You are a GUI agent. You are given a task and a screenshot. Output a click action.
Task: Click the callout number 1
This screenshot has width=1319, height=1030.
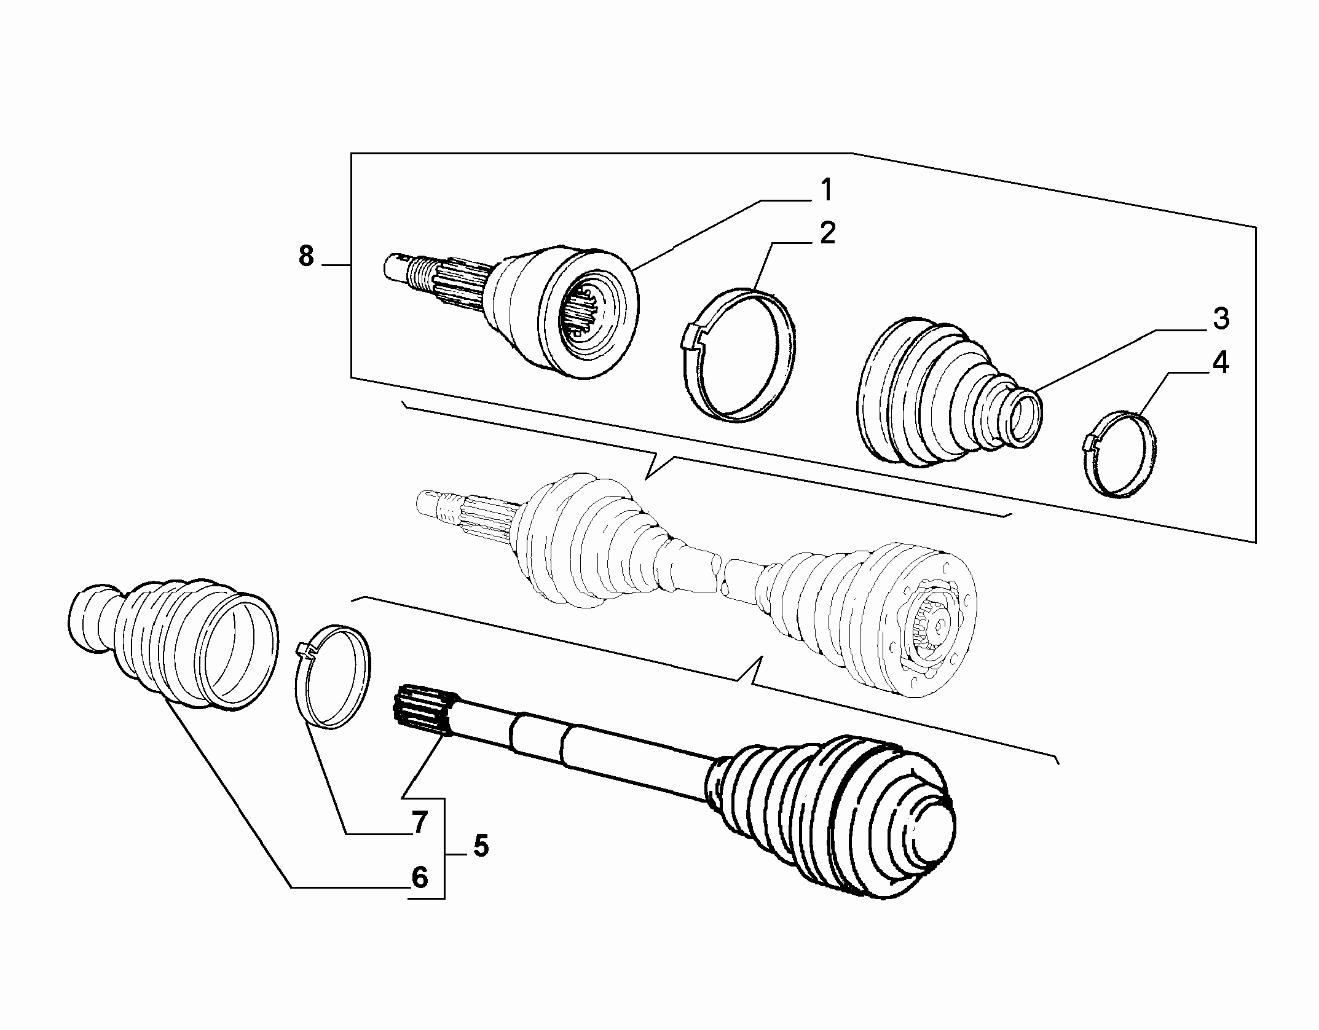point(827,191)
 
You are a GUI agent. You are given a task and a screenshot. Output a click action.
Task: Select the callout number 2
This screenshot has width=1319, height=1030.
point(828,234)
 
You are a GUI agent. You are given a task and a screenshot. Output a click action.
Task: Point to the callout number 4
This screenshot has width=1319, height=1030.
point(1220,363)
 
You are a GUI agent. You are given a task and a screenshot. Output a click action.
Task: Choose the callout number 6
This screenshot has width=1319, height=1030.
point(419,877)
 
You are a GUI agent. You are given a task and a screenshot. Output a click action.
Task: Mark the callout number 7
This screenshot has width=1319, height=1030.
point(419,823)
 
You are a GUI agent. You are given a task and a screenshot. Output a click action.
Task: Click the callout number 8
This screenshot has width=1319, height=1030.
point(306,256)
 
